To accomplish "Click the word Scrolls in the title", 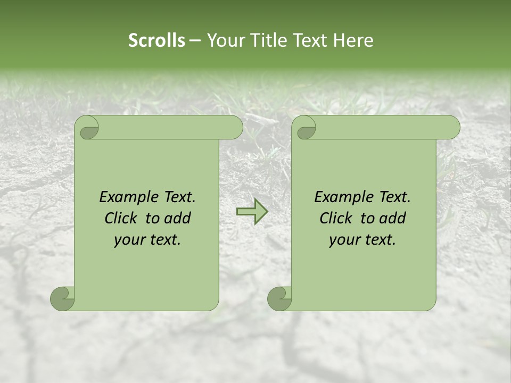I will point(156,40).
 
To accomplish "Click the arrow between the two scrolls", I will point(252,212).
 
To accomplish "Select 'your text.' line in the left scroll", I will point(147,240).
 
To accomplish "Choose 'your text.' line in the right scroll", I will point(362,240).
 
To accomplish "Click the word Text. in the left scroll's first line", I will point(177,197).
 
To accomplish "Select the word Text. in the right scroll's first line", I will point(392,197).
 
